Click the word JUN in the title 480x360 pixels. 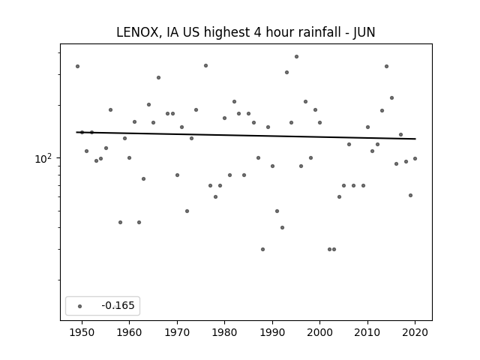[x=362, y=32]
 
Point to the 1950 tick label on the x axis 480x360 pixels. [x=82, y=332]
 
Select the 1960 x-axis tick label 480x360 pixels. [x=129, y=332]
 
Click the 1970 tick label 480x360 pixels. [x=177, y=332]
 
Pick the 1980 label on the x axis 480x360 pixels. [x=224, y=332]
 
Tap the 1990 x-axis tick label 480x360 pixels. [x=272, y=332]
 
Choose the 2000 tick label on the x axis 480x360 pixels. [x=319, y=332]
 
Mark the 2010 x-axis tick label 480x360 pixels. [x=367, y=332]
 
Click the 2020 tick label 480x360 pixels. [x=415, y=332]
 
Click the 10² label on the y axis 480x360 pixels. [x=45, y=158]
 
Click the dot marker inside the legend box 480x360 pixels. [x=79, y=306]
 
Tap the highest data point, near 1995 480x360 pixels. [x=296, y=56]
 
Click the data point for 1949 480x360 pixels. [x=77, y=66]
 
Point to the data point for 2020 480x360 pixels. [x=415, y=158]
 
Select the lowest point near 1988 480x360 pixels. [x=262, y=249]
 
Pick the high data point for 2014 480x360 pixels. [x=386, y=66]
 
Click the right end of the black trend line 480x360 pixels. [x=415, y=139]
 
